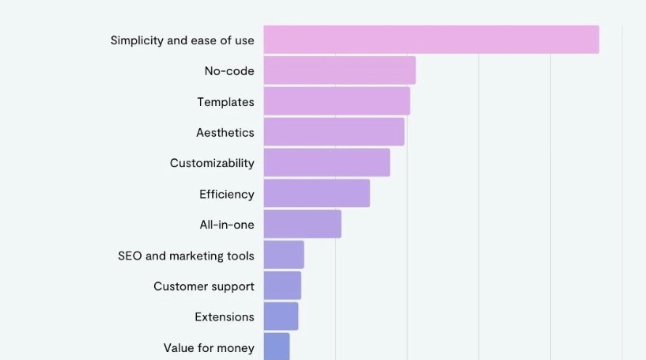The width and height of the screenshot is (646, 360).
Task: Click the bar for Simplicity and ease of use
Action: click(431, 40)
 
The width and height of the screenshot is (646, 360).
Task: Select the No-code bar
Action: click(339, 70)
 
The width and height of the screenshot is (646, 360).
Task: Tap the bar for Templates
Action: click(337, 101)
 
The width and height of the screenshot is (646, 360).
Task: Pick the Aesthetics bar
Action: click(334, 132)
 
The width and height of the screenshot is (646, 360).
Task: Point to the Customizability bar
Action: click(327, 162)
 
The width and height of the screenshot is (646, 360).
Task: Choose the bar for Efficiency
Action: click(316, 193)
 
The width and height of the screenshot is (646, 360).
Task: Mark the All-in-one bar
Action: click(302, 224)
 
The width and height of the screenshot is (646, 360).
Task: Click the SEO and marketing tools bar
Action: click(284, 255)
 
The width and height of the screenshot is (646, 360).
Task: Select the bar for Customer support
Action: click(282, 286)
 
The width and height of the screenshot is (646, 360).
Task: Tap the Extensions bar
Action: click(281, 316)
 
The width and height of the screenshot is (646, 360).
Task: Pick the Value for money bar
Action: click(277, 347)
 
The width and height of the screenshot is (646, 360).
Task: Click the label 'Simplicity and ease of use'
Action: click(182, 40)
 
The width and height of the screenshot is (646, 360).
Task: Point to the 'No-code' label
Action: click(229, 71)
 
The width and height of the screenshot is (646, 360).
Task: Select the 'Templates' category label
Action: click(225, 102)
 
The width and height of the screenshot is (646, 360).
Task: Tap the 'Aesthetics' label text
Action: click(225, 132)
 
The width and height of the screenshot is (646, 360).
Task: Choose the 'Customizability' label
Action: click(212, 163)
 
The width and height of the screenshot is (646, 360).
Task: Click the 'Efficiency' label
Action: click(226, 194)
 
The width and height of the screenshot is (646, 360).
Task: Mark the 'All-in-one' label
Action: click(226, 225)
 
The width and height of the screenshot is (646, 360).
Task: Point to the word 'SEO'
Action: click(130, 256)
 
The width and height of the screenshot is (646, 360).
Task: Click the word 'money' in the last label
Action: click(236, 348)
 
